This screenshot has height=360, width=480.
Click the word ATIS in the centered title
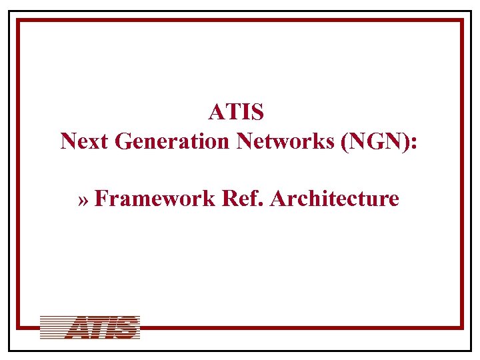pos(236,111)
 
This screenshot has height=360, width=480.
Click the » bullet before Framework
pos(84,199)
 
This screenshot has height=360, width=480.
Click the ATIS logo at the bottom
pos(90,328)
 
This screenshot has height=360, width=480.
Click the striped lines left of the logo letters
pos(53,328)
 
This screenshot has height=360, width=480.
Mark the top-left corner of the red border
pos(19,21)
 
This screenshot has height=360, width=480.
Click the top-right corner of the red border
pos(461,21)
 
